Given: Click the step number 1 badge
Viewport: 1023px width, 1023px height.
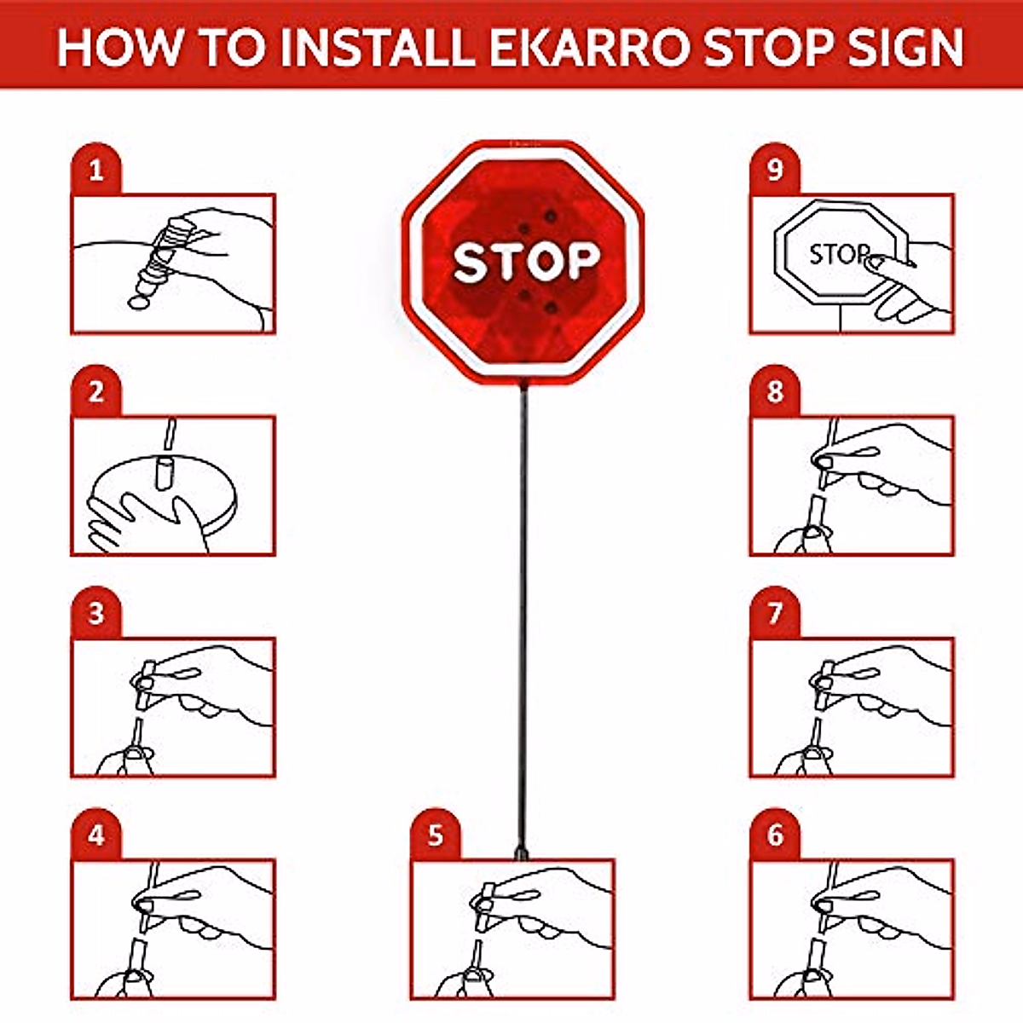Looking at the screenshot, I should coord(95,170).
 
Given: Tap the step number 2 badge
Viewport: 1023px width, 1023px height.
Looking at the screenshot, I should coord(95,392).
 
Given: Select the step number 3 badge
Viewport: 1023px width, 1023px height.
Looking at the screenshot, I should coord(95,614).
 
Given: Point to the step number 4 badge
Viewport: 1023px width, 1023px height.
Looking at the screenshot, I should coord(95,835).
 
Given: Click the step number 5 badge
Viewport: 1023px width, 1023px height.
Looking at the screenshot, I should coord(435,835).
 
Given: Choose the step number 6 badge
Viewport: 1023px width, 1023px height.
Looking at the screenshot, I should coord(774,835).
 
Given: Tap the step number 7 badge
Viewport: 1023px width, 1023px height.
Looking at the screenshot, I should coord(774,614).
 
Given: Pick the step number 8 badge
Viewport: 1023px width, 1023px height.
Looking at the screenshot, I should coord(774,392).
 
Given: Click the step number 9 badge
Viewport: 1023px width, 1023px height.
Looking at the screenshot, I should coord(774,170).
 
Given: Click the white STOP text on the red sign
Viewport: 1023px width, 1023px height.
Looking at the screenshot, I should coord(526,262).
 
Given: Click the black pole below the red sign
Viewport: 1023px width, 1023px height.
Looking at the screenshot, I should coord(523,614).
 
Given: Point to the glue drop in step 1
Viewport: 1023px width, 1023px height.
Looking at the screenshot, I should coord(137,302).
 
